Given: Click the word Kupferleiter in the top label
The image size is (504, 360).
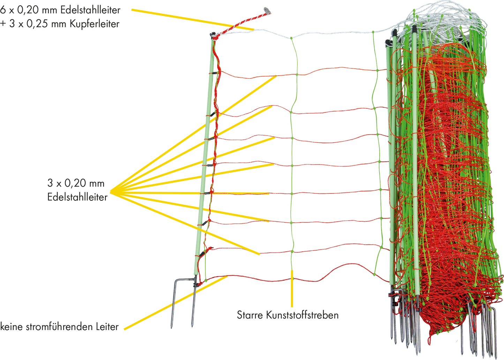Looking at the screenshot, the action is click(94, 24).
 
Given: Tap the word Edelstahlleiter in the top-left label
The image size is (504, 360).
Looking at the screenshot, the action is click(90, 10).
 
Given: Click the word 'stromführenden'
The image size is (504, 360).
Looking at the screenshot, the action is click(59, 327).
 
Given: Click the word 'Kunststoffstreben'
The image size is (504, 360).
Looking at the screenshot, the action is click(302, 315).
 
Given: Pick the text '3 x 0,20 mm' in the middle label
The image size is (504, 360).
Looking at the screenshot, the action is click(76, 183).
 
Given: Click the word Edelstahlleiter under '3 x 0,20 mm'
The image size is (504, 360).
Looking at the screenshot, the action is click(77, 197).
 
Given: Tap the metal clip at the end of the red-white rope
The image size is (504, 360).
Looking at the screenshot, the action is click(267, 10).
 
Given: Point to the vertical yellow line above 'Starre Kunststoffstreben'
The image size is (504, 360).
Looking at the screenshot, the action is click(292, 289).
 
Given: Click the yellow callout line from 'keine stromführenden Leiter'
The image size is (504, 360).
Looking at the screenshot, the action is click(176, 303).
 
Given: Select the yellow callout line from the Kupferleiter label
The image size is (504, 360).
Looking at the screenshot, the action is click(193, 20).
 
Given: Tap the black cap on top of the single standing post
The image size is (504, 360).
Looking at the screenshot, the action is click(212, 35).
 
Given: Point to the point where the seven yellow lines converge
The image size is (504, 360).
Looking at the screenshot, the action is click(110, 192).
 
